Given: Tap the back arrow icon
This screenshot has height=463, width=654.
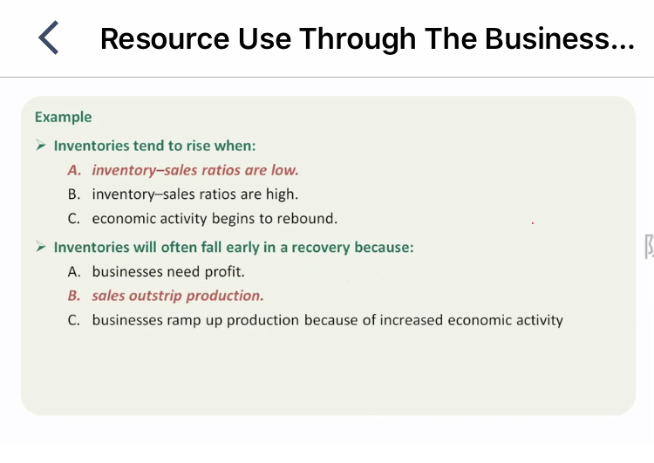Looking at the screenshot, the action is pyautogui.click(x=48, y=37).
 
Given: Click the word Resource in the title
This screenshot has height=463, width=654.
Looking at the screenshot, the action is pyautogui.click(x=165, y=38).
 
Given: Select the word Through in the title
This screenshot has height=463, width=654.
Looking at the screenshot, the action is pyautogui.click(x=358, y=38).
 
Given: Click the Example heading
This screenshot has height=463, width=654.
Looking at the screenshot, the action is pyautogui.click(x=63, y=117).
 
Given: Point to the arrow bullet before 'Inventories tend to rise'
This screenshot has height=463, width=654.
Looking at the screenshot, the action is pyautogui.click(x=41, y=145).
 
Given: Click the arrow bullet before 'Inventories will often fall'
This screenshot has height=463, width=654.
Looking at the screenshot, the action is pyautogui.click(x=41, y=247).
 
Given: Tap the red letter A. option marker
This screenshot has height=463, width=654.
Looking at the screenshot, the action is pyautogui.click(x=74, y=170).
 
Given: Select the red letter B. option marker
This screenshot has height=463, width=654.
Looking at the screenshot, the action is pyautogui.click(x=74, y=296).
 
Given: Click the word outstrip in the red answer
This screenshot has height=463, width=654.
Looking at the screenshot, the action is pyautogui.click(x=155, y=296).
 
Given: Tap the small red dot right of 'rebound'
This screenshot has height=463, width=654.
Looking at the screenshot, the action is pyautogui.click(x=533, y=223).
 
